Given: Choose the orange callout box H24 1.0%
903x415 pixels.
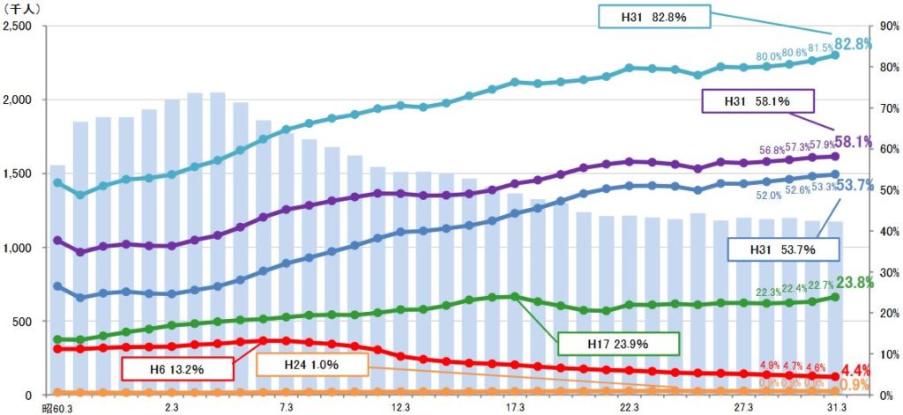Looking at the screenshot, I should pos(311,364).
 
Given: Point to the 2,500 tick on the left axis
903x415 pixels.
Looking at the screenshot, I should pos(19,26).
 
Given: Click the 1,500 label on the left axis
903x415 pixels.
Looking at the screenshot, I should pos(19,174).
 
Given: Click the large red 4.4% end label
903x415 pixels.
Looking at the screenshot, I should pos(853,371).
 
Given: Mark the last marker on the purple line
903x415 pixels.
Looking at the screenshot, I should pos(835,157).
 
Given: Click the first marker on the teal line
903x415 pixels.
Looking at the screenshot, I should pos(58,183).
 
